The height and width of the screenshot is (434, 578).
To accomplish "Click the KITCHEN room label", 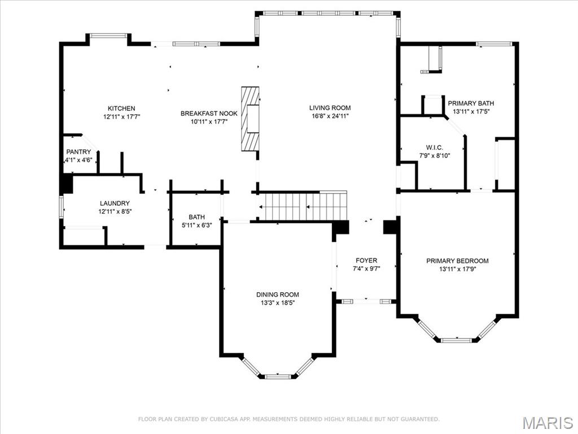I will [x=121, y=108].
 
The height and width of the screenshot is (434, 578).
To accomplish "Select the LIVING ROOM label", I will [x=330, y=108].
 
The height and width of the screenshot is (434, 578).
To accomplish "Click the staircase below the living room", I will [x=302, y=206].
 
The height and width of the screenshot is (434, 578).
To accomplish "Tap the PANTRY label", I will [x=78, y=152].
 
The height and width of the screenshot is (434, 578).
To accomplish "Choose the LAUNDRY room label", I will [x=115, y=203].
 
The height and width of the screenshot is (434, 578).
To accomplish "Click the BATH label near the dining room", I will [x=196, y=217].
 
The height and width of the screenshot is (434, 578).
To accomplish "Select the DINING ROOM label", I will [x=277, y=294].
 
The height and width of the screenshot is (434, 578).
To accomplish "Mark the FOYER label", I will [x=366, y=261].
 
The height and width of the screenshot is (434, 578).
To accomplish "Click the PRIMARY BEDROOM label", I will [x=457, y=261].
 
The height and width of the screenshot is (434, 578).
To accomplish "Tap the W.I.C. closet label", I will [x=434, y=147].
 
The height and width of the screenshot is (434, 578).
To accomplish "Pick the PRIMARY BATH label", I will [x=471, y=103].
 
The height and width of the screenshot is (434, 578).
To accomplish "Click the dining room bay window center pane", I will [x=277, y=376].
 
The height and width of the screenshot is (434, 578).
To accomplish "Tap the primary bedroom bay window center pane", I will [x=457, y=340].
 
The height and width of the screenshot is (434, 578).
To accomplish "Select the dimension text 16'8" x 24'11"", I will [x=330, y=116].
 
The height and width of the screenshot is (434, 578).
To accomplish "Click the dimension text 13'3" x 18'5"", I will [x=277, y=303].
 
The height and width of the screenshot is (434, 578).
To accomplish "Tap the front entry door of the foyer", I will [x=366, y=301].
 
